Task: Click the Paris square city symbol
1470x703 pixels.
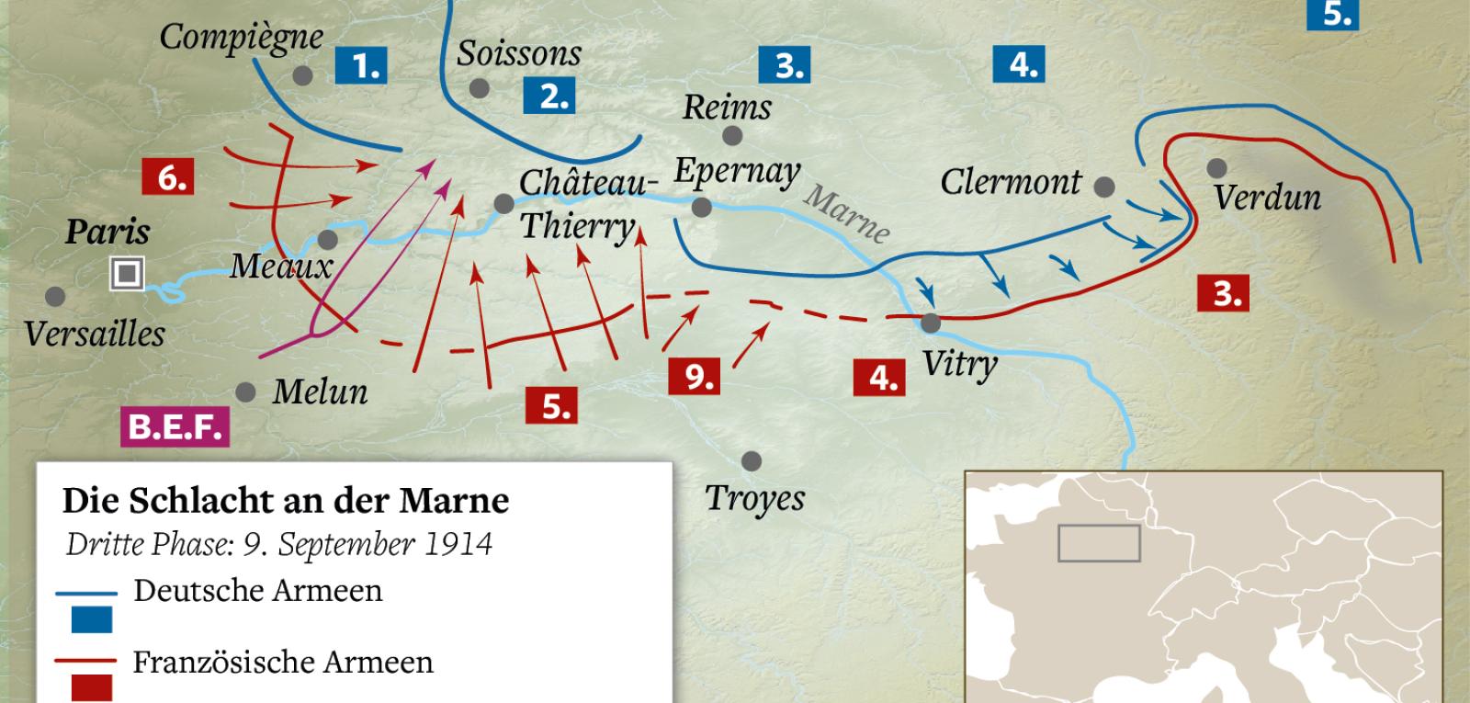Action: coord(127,273)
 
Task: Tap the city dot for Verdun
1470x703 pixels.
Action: coord(1216,168)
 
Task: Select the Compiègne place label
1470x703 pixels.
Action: coord(241,38)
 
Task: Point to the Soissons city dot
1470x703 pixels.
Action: coord(479,88)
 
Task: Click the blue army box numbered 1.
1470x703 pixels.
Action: coord(360,66)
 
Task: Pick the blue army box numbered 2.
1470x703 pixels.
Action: coord(548,96)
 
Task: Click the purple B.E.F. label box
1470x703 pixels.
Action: coord(175,427)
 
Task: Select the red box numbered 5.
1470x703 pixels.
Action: coord(551,405)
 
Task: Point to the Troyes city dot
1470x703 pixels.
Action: coord(752,461)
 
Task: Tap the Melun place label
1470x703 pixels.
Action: coord(320,392)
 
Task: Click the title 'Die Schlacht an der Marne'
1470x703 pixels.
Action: coord(285,501)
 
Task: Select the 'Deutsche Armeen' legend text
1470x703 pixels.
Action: coord(257,590)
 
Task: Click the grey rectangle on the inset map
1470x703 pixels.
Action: coord(1099,543)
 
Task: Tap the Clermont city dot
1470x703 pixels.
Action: coord(1104,187)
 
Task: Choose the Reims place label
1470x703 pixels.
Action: coord(727,108)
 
